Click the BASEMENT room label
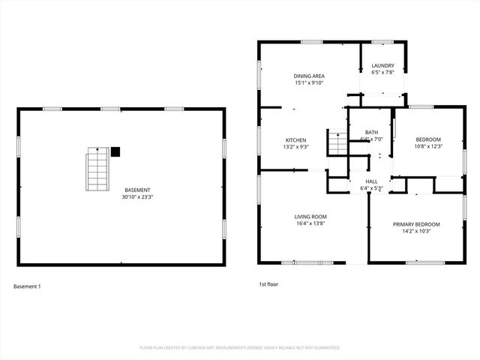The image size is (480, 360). coord(137,190)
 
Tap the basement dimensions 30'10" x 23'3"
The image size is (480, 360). coord(137,197)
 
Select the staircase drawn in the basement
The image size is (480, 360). coord(97,169)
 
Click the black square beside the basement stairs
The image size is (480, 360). coord(115,151)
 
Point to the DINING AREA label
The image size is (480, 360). coord(308,76)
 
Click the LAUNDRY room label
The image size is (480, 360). coord(382,65)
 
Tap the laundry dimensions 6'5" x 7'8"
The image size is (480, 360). coord(382,72)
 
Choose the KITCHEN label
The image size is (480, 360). coord(295,140)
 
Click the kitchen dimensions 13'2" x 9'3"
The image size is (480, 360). coord(295,147)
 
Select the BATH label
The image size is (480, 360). coord(371,133)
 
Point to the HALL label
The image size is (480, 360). coord(372,181)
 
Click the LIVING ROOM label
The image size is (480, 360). coord(310,217)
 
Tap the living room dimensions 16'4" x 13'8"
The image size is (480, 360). coord(310,223)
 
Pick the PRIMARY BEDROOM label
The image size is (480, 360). coord(416,224)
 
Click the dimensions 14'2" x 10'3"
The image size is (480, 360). coord(416,231)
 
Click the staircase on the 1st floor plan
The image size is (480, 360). coord(337,142)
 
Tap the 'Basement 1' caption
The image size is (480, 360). coord(27,286)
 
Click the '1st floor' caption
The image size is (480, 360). coord(268,285)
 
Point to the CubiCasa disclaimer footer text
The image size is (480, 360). coord(240,348)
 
